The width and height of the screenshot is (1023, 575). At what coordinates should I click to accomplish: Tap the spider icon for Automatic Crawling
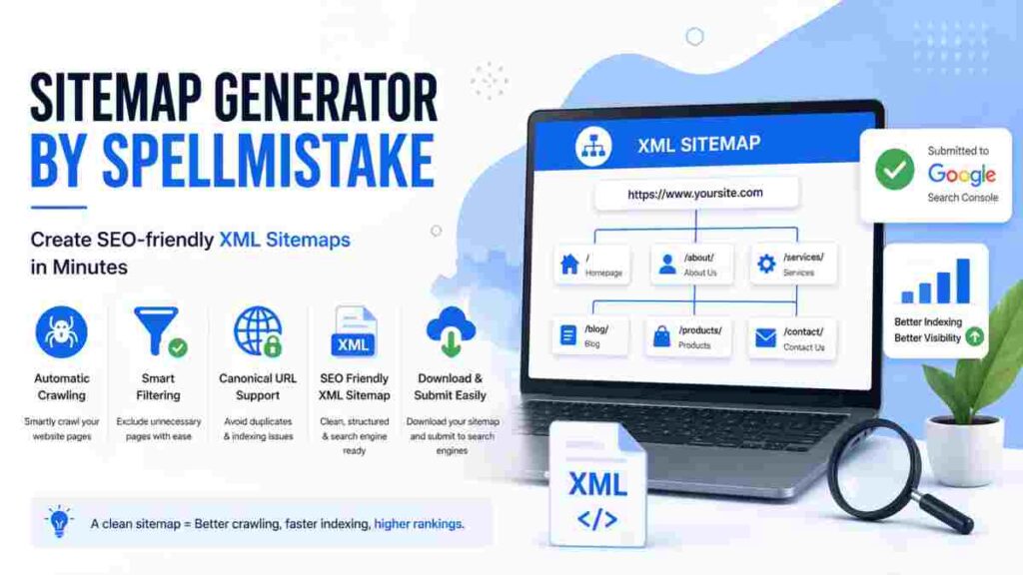[x=62, y=332]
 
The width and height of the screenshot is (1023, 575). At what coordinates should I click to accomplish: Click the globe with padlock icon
[x=258, y=332]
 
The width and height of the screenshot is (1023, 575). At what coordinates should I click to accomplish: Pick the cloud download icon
[x=452, y=332]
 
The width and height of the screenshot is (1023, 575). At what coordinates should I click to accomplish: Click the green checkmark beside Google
[x=894, y=170]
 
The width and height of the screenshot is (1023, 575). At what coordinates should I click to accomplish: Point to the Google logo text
[x=962, y=174]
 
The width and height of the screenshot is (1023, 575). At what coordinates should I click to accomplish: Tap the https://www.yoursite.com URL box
[x=695, y=194]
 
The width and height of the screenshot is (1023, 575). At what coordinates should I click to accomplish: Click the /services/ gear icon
[x=766, y=264]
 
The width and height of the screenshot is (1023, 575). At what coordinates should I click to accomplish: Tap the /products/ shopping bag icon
[x=661, y=337]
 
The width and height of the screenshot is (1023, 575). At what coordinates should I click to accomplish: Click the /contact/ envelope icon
[x=765, y=338]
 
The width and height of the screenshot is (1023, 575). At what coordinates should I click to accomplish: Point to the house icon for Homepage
[x=569, y=264]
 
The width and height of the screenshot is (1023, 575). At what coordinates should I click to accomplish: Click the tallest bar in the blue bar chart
[x=962, y=281]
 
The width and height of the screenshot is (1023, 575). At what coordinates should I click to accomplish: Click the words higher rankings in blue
[x=419, y=523]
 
